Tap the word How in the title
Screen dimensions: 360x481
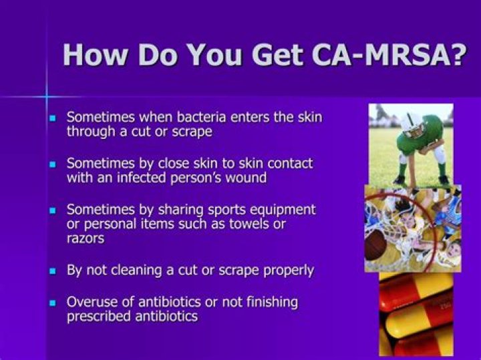pos(94,53)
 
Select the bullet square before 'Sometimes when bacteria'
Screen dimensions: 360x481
pos(53,118)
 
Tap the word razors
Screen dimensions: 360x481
pos(85,238)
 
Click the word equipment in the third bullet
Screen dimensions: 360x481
pos(279,209)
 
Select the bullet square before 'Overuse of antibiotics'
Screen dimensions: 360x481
pos(53,303)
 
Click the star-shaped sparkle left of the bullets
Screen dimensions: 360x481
pos(46,97)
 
